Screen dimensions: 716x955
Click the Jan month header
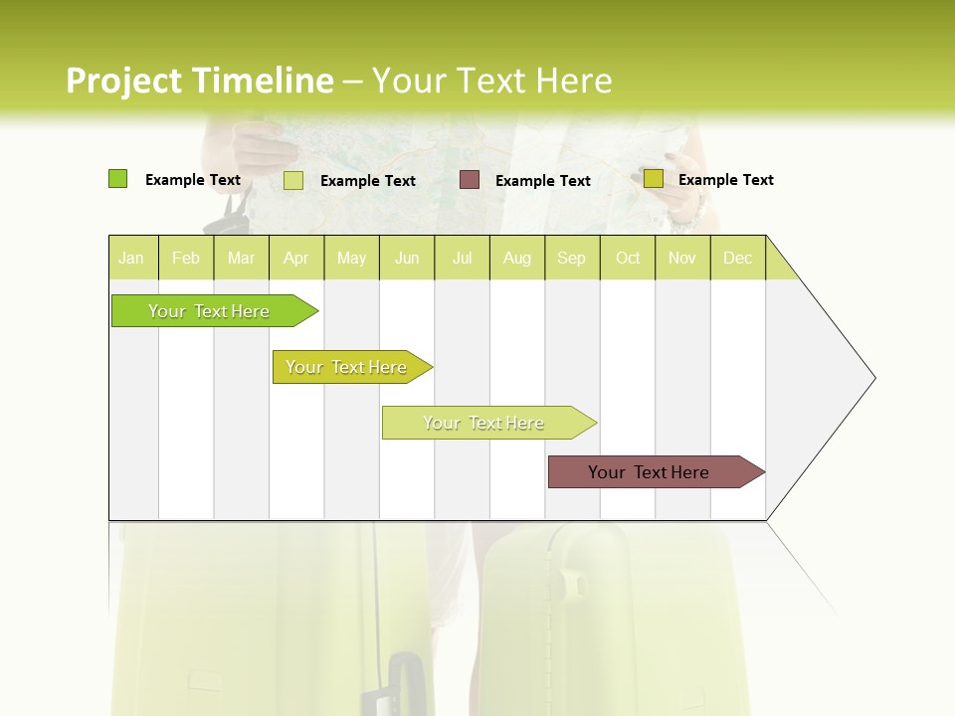point(131,258)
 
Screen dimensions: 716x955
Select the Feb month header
point(186,258)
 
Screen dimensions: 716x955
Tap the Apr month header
point(296,258)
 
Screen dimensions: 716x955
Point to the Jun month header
point(407,258)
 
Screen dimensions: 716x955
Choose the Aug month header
point(517,258)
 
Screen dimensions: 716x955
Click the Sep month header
point(572,258)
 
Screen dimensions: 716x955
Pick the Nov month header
point(682,258)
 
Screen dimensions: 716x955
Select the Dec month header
point(738,258)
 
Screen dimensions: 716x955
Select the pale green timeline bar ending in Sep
point(484,423)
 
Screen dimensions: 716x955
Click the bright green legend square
point(118,179)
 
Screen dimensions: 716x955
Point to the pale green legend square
point(293,180)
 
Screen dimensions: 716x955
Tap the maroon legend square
point(470,180)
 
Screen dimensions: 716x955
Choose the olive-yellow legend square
point(654,179)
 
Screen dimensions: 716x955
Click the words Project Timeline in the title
point(199,81)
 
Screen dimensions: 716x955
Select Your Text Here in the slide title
point(491,81)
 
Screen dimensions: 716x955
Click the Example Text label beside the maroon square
point(542,181)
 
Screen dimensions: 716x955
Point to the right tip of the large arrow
point(873,378)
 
